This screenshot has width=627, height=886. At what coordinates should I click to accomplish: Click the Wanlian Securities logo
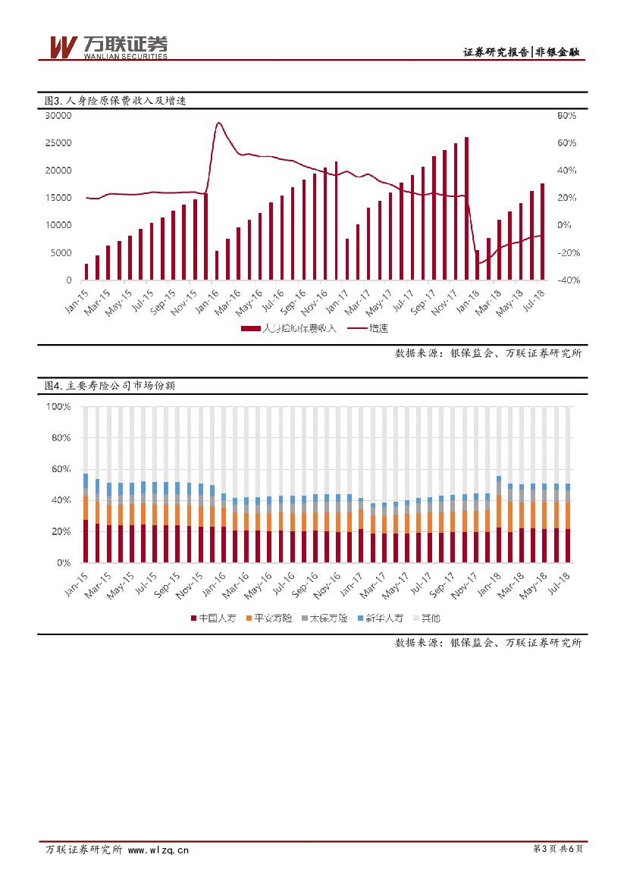[x=106, y=47]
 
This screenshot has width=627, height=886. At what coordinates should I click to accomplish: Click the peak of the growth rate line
[x=218, y=123]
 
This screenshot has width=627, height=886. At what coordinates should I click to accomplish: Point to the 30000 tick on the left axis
[x=58, y=116]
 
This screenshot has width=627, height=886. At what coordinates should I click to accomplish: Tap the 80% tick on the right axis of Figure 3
[x=566, y=116]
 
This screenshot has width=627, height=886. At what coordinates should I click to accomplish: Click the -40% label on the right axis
[x=569, y=280]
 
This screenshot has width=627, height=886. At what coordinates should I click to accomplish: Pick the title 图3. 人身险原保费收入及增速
[x=114, y=100]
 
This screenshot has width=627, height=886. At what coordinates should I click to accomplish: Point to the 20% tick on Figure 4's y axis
[x=61, y=532]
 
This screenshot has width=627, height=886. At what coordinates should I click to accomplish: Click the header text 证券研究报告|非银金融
[x=522, y=52]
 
